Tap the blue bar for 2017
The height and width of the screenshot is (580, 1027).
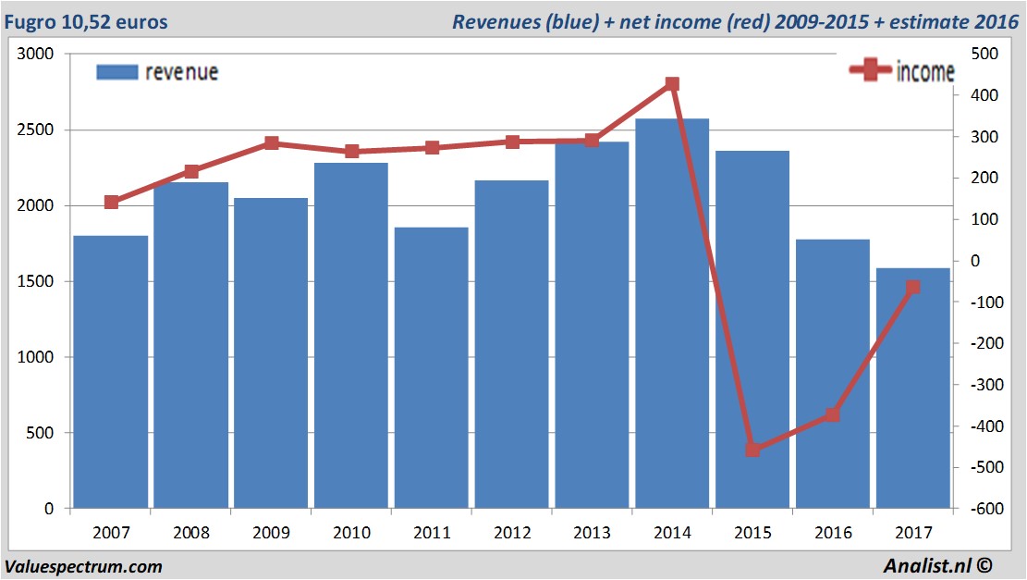(913, 389)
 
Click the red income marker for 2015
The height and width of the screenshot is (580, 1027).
(752, 450)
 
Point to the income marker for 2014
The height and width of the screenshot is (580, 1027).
(672, 84)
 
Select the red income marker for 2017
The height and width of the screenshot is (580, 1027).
(913, 288)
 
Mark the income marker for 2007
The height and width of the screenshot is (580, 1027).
(111, 203)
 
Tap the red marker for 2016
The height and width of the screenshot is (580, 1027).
(833, 415)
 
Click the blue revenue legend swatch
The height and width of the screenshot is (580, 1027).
(117, 72)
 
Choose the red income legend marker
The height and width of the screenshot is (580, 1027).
(870, 70)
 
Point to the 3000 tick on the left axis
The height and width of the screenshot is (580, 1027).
(36, 55)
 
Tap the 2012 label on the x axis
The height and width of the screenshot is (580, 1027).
(512, 533)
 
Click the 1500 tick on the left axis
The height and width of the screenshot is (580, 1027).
(36, 281)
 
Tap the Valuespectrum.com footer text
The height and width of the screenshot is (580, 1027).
(84, 566)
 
